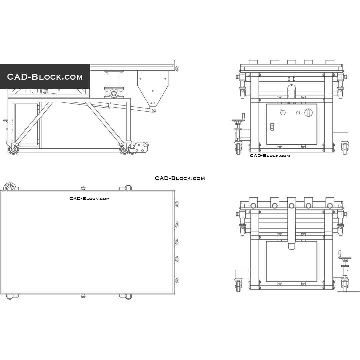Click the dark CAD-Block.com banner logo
[x=45, y=77]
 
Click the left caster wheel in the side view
[x=13, y=149]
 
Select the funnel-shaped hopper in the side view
[x=153, y=88]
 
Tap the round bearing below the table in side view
[x=114, y=93]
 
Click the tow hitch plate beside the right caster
[x=142, y=147]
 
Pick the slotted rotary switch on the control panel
[x=309, y=113]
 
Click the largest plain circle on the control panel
[x=283, y=113]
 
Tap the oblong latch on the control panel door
[x=272, y=127]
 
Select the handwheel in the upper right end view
[x=238, y=120]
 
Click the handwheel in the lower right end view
[x=345, y=257]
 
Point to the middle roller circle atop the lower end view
[x=292, y=205]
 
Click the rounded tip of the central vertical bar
[x=292, y=246]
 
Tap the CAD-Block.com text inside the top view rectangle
[x=89, y=199]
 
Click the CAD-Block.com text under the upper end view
[x=270, y=156]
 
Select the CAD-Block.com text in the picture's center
[x=180, y=178]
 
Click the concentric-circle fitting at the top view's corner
[x=10, y=187]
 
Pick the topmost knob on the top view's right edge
[x=177, y=204]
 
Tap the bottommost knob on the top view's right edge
[x=177, y=280]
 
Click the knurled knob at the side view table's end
[x=177, y=69]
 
